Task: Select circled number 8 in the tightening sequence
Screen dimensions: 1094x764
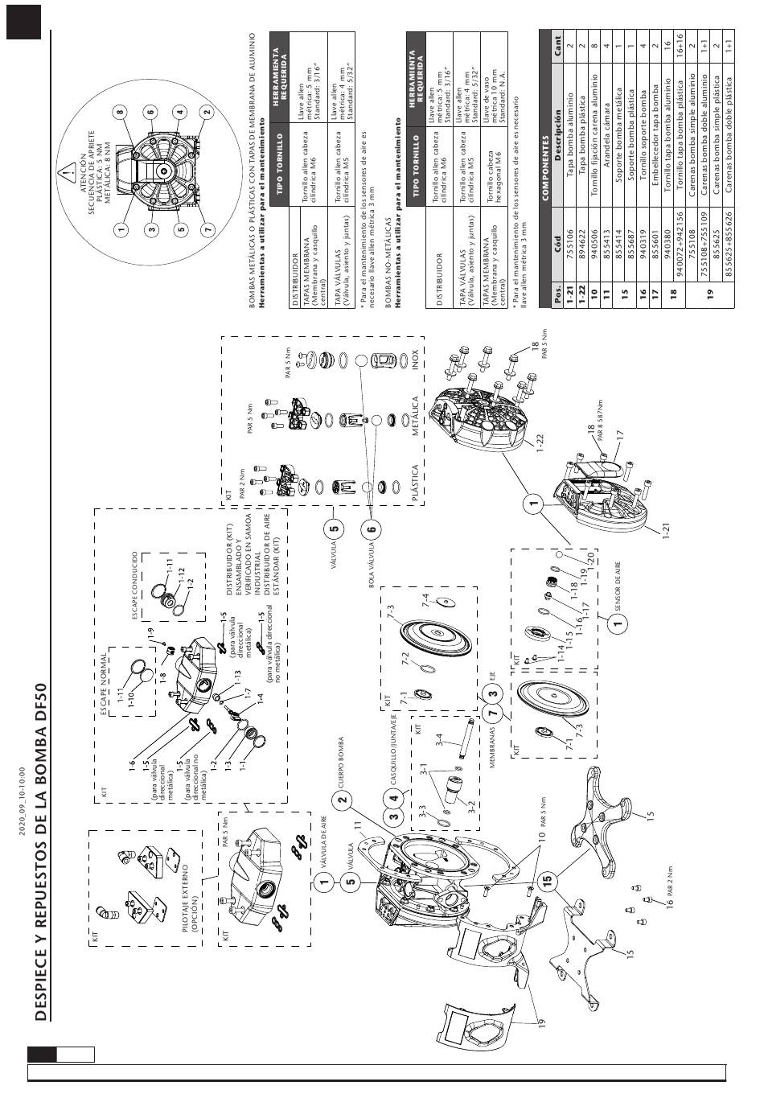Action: click(x=120, y=110)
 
